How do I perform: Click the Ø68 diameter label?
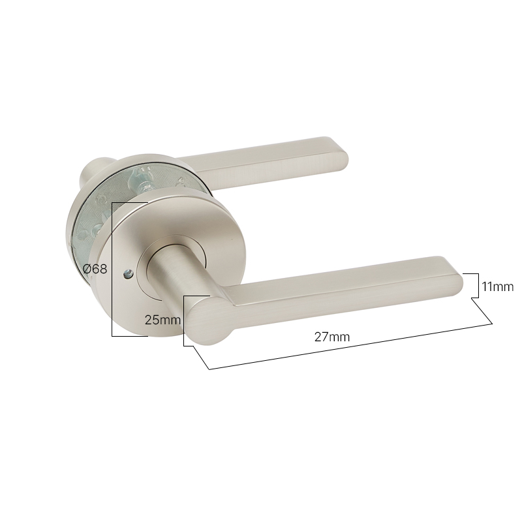point(95,269)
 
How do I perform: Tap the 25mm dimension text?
point(162,320)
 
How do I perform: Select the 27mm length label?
point(332,337)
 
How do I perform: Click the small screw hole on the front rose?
point(128,275)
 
